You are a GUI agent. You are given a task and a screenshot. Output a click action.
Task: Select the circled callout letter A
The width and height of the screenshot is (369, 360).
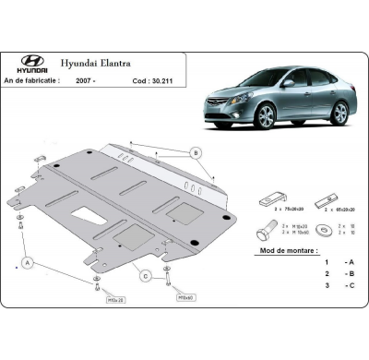(x=29, y=263)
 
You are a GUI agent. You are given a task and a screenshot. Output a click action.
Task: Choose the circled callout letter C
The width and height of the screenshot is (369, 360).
(x=144, y=275)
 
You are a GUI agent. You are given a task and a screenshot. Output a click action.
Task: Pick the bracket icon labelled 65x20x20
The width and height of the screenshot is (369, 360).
(x=320, y=198)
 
